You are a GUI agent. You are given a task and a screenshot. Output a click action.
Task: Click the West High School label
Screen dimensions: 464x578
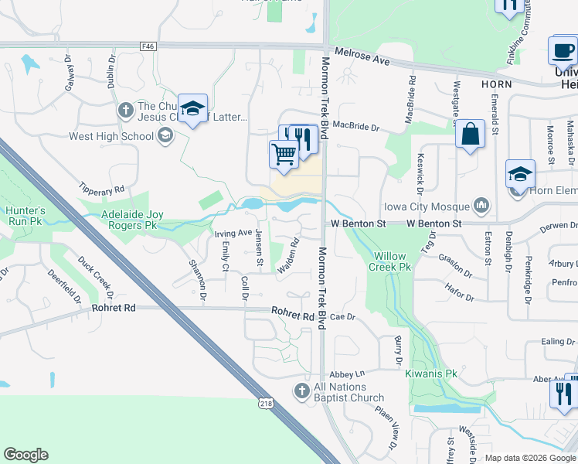point(112,137)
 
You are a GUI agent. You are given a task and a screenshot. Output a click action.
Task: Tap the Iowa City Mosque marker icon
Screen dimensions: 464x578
point(482,206)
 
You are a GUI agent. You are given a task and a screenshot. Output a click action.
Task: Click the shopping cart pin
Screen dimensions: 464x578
point(284,155)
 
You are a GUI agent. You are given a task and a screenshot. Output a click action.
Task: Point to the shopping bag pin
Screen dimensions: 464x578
point(469,135)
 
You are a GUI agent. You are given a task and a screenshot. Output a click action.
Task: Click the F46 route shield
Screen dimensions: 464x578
point(148,46)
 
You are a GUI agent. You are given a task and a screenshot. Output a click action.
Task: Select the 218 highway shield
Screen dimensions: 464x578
point(266,403)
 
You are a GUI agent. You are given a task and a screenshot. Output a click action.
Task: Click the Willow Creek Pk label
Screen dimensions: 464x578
point(393,261)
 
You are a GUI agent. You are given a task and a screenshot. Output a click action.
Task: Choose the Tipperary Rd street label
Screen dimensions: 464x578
point(101,188)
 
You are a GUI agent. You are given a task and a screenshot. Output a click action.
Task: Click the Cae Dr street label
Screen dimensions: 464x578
point(342,317)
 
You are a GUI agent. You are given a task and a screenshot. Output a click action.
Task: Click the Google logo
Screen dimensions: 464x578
point(25,455)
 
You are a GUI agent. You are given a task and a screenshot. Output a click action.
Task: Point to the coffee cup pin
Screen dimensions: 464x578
point(563,51)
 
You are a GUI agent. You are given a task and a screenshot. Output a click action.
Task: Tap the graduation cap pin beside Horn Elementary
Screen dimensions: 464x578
point(520,175)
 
